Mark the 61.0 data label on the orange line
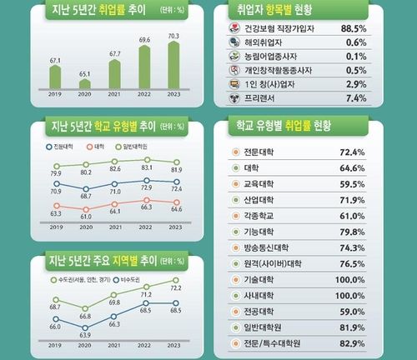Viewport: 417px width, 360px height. point(84,217)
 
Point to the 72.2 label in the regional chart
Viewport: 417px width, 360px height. point(177,287)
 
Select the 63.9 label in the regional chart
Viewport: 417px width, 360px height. point(84,335)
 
